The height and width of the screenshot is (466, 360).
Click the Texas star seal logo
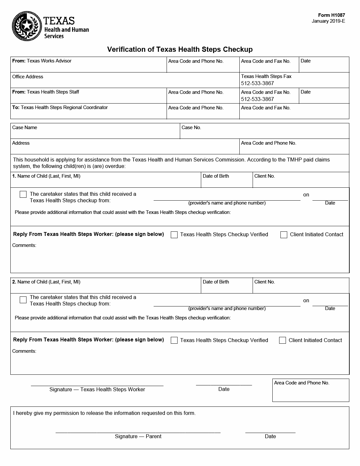tap(27, 26)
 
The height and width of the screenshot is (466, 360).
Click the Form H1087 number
tap(332, 15)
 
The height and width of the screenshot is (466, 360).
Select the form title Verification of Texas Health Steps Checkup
tap(180, 50)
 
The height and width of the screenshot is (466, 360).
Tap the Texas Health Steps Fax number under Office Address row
tap(257, 83)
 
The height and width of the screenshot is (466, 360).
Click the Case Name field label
tap(25, 128)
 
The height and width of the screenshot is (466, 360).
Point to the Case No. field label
tap(191, 128)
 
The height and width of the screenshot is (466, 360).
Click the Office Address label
tap(27, 77)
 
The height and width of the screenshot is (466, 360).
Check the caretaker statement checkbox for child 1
tap(23, 194)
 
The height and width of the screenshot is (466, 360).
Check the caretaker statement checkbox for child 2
tap(23, 300)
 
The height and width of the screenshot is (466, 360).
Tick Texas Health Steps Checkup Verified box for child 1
tap(174, 235)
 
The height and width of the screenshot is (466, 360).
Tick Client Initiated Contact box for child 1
tap(284, 235)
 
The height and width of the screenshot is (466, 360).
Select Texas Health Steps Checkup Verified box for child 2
tap(174, 340)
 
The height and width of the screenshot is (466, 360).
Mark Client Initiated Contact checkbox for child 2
tap(282, 340)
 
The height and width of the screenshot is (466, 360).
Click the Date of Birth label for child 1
tap(216, 176)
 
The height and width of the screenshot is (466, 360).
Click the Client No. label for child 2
tap(265, 282)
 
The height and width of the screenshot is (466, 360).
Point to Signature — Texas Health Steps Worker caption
tap(97, 389)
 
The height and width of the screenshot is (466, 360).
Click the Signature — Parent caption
tap(138, 436)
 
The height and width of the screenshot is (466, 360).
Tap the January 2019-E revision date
tap(328, 21)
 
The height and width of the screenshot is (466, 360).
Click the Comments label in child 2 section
tap(24, 351)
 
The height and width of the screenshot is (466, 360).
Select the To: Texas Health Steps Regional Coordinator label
tap(60, 107)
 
